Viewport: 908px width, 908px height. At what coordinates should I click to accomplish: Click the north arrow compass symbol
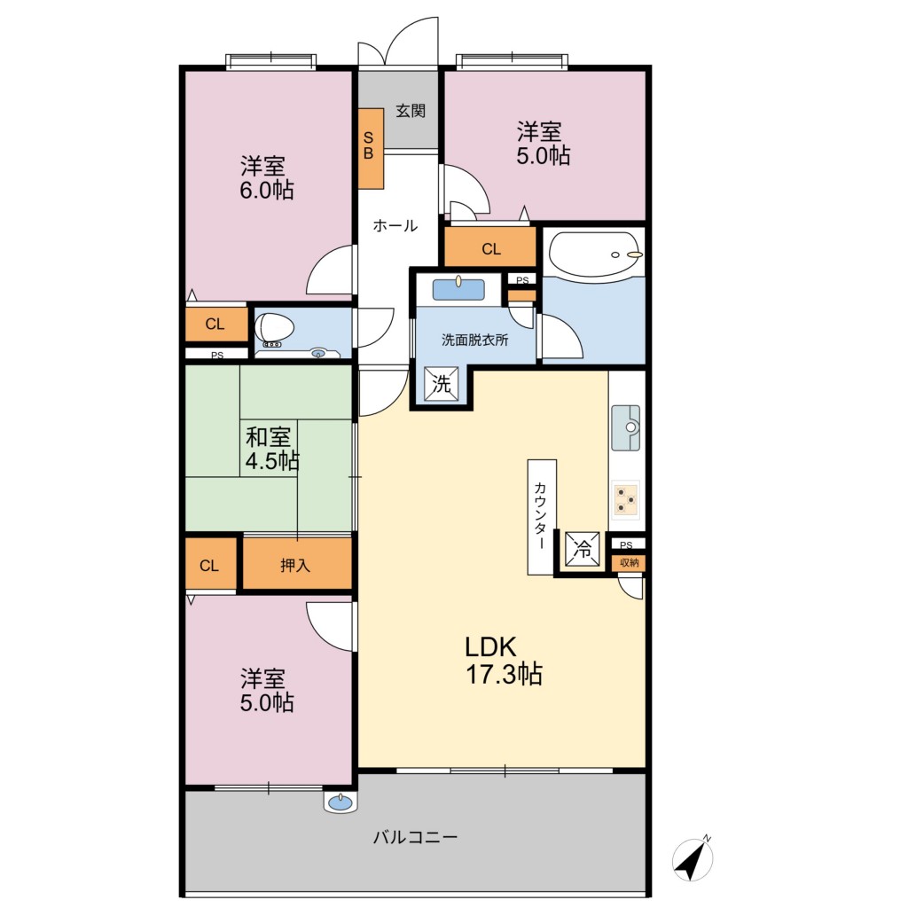click(x=693, y=858)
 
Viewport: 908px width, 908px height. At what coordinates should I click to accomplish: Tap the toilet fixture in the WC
click(x=275, y=327)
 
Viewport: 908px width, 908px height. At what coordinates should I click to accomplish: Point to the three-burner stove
click(x=625, y=499)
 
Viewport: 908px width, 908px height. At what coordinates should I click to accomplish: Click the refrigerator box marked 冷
click(x=582, y=549)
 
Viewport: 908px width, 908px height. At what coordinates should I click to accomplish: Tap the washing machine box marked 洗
click(x=442, y=383)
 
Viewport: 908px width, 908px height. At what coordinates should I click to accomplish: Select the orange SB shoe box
click(x=371, y=148)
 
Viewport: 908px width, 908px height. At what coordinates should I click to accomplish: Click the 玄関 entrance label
click(x=411, y=111)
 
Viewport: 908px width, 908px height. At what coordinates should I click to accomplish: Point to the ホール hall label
click(x=395, y=225)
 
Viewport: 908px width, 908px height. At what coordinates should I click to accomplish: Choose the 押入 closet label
click(x=295, y=565)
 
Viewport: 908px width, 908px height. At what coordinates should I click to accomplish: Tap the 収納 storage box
click(x=629, y=563)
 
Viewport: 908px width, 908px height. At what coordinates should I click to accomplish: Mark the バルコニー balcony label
click(x=415, y=837)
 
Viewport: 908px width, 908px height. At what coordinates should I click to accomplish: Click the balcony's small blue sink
click(x=340, y=802)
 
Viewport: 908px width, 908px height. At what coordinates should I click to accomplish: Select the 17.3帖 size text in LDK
click(x=505, y=675)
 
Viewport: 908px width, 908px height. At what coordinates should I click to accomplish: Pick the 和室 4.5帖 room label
click(x=271, y=449)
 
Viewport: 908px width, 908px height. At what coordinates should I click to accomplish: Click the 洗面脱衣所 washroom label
click(x=475, y=340)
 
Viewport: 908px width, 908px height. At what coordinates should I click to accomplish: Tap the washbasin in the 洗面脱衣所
click(x=458, y=288)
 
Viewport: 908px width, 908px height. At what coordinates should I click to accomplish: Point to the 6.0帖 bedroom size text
click(x=267, y=190)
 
